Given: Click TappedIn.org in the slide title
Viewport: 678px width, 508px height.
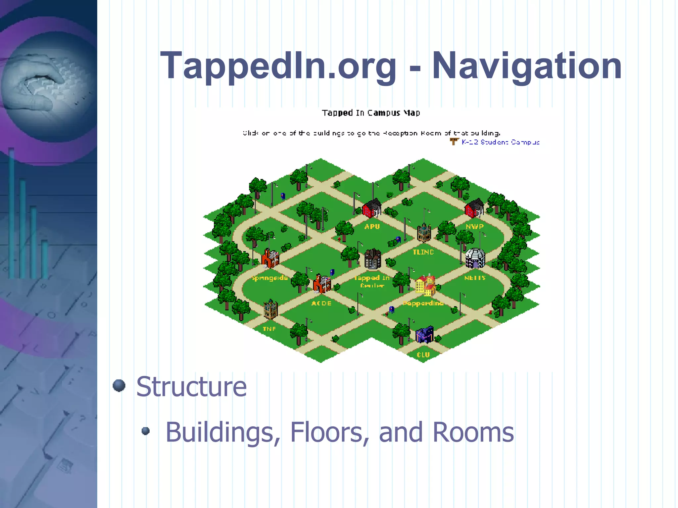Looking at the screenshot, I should click(278, 66).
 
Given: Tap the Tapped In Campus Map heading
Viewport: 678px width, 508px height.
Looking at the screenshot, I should click(371, 113).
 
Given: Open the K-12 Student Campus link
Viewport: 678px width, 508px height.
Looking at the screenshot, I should click(500, 142).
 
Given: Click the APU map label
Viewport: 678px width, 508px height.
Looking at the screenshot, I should click(372, 226).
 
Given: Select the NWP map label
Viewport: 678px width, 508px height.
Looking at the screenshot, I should click(474, 226).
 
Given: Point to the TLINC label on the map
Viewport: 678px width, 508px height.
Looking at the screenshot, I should click(423, 252).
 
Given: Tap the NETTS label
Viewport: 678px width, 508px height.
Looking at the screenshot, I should click(475, 278).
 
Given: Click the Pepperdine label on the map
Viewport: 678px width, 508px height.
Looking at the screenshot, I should click(423, 303).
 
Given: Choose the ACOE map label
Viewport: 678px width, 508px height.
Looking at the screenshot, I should click(321, 303).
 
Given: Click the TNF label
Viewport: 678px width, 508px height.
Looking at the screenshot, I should click(269, 329).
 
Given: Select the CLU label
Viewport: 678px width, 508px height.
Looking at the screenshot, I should click(423, 354).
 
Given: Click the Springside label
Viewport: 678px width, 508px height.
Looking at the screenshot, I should click(269, 278).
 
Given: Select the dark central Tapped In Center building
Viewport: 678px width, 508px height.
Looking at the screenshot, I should click(373, 259).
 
